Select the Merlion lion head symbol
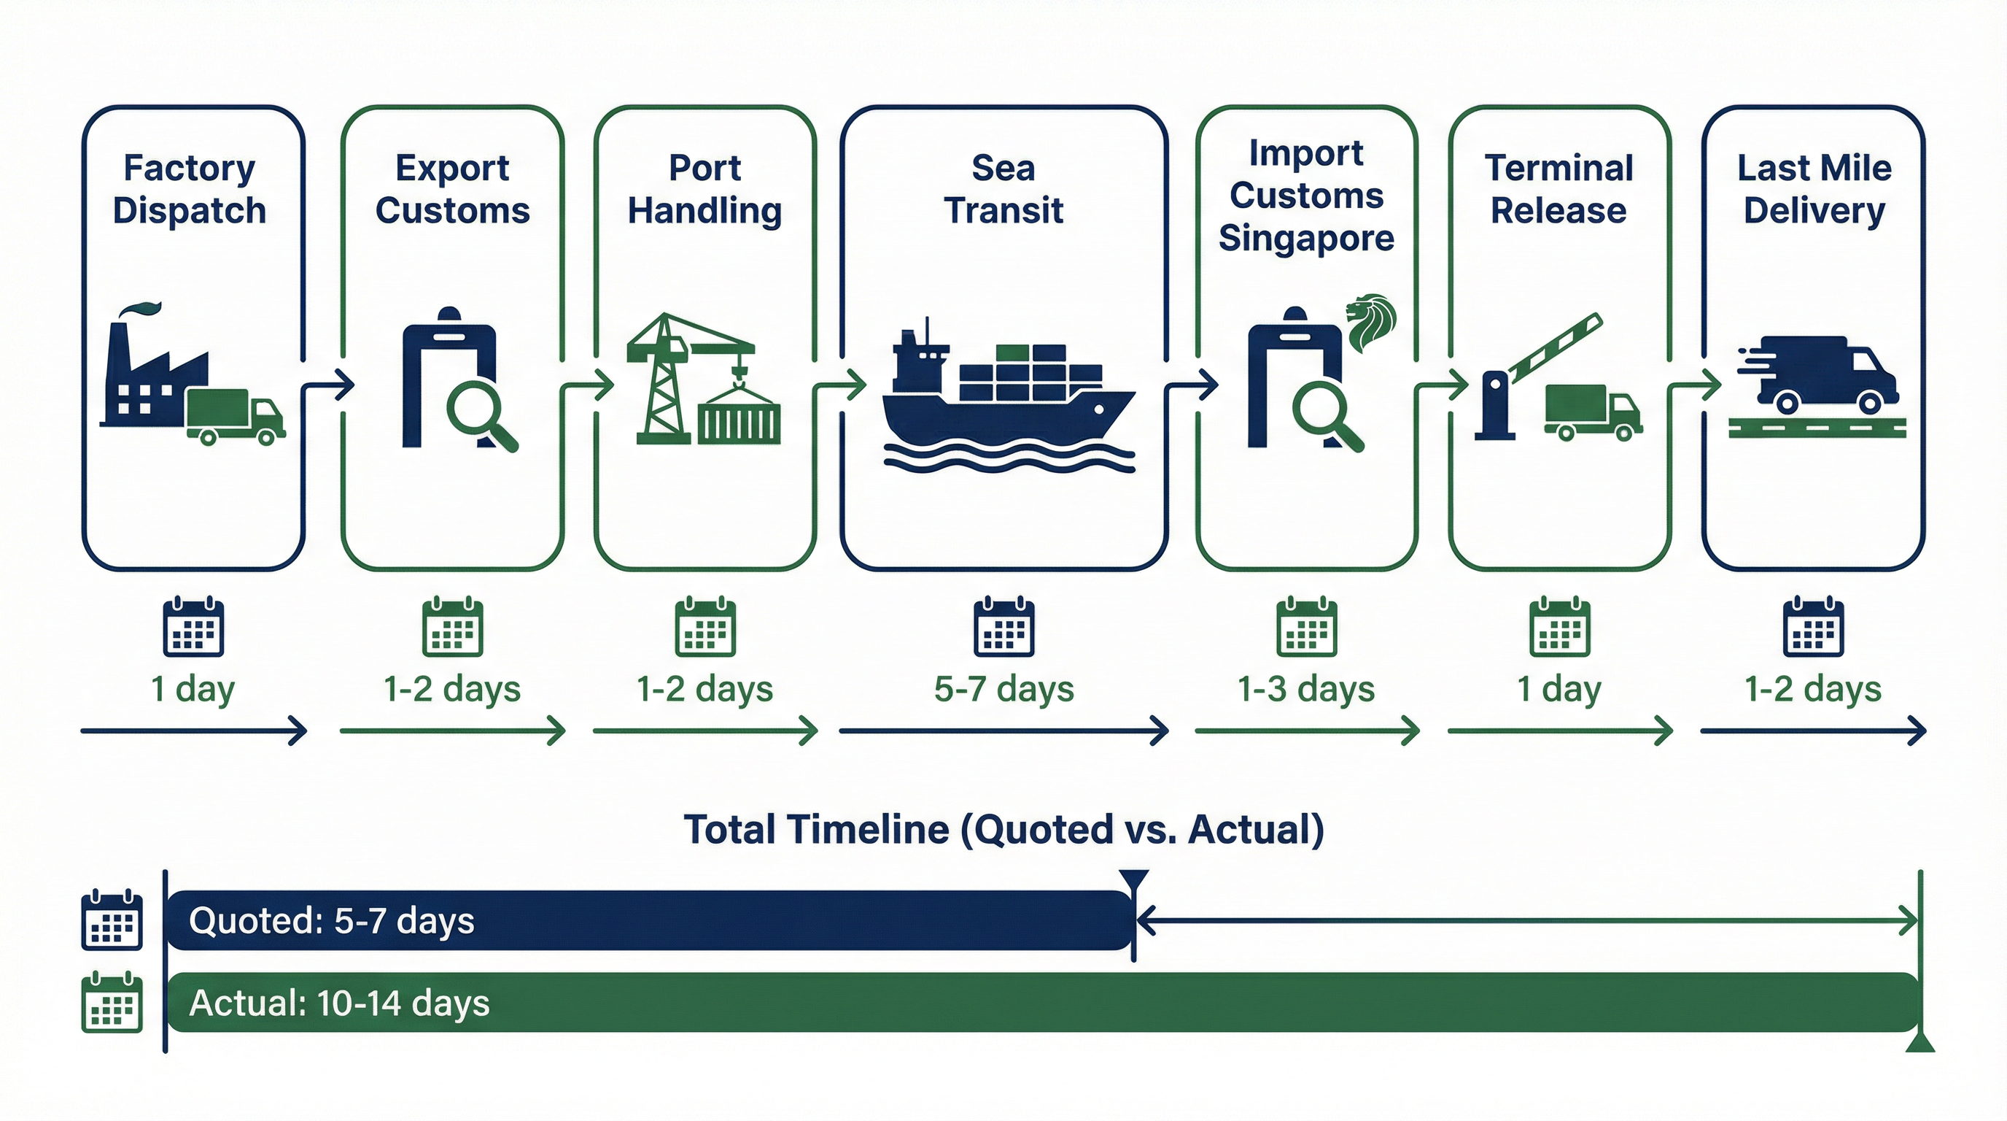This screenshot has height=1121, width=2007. pyautogui.click(x=1372, y=322)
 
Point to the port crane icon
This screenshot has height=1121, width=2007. pyautogui.click(x=670, y=378)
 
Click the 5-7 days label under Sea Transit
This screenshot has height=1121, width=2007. pyautogui.click(x=1004, y=689)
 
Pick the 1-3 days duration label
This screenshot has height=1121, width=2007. pyautogui.click(x=1306, y=689)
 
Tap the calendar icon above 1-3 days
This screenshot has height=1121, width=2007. pyautogui.click(x=1307, y=628)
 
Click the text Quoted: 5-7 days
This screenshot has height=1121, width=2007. pyautogui.click(x=331, y=920)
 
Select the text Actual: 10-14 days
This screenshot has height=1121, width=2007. pyautogui.click(x=339, y=1003)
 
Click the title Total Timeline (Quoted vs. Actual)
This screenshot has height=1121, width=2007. pyautogui.click(x=1004, y=830)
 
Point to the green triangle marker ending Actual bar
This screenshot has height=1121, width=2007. pyautogui.click(x=1919, y=1042)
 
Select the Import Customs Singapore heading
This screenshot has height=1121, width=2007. pyautogui.click(x=1306, y=195)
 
